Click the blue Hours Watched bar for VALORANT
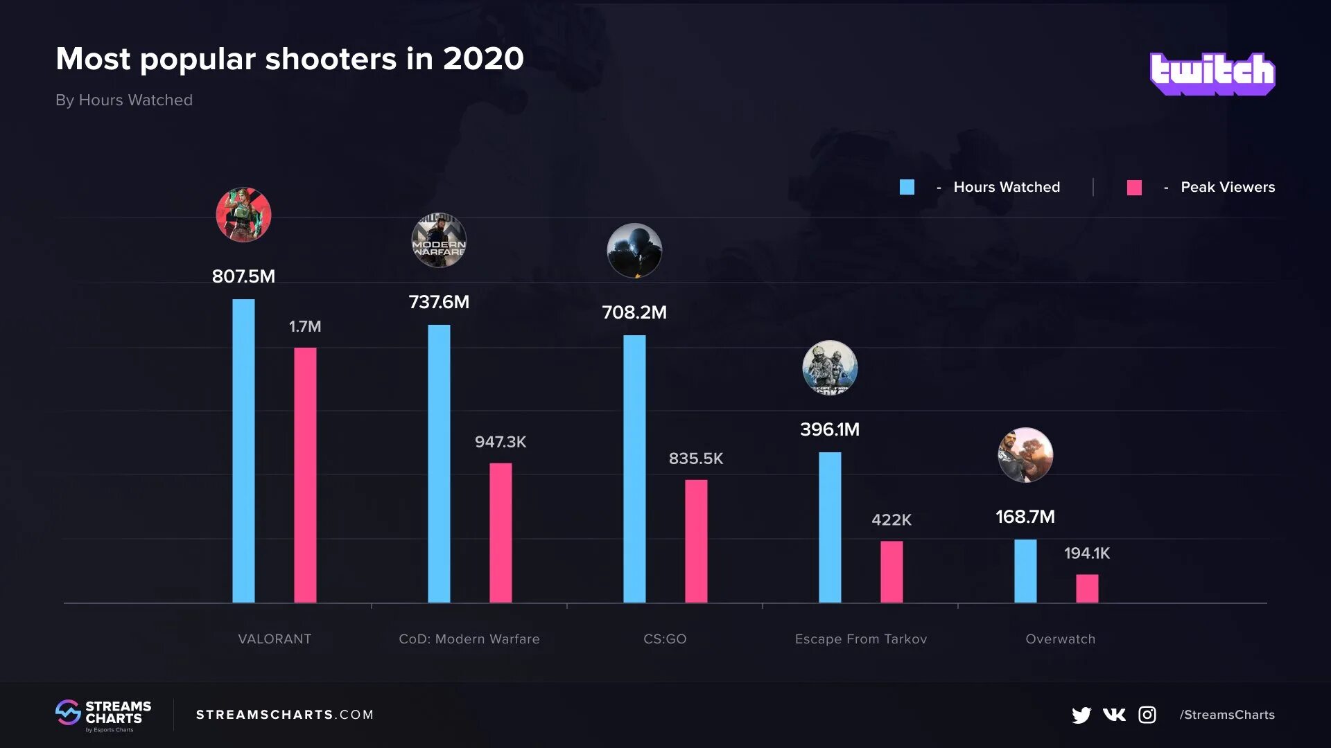[243, 450]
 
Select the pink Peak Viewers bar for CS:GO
[696, 541]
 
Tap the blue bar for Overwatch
[1025, 571]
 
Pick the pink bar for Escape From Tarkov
[891, 571]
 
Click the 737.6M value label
[439, 302]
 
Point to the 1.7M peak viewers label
[305, 326]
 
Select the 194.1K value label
[1086, 553]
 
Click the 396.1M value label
[830, 429]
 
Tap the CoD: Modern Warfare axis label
[469, 639]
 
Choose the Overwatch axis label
[1060, 639]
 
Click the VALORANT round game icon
[243, 215]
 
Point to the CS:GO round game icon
[634, 251]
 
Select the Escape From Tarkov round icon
[830, 368]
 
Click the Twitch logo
[1212, 73]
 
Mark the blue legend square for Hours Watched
[907, 187]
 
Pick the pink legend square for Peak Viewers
[1134, 187]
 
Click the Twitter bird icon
[1081, 715]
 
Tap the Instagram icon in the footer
[1147, 715]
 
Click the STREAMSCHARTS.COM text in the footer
[285, 715]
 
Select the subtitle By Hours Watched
[124, 100]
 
